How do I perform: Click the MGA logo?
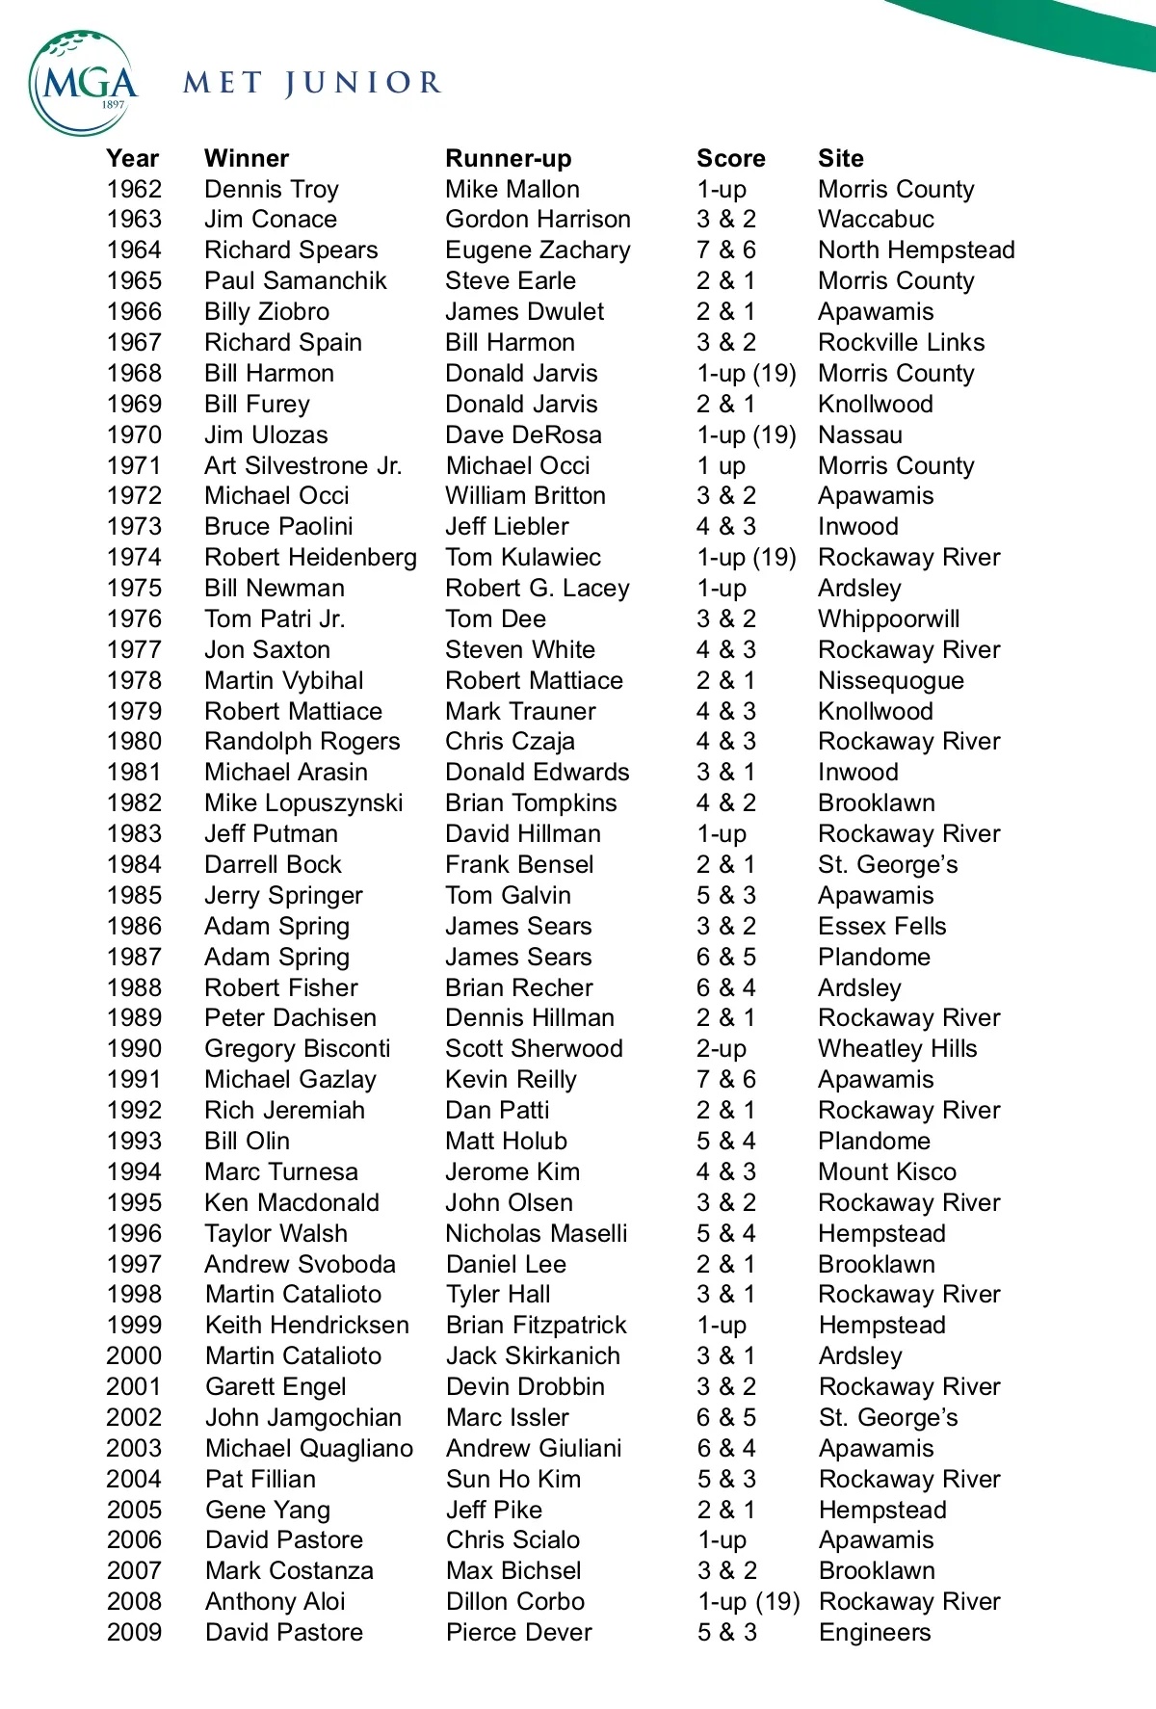click(84, 83)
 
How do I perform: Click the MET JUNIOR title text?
click(312, 84)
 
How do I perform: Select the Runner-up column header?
click(508, 158)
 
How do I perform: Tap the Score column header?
click(730, 158)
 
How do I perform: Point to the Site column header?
click(840, 158)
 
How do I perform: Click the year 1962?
click(134, 189)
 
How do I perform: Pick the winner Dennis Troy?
click(272, 189)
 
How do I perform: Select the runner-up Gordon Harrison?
click(538, 220)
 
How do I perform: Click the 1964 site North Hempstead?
click(916, 250)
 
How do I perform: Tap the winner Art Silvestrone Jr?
click(302, 465)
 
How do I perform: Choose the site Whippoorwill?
click(888, 618)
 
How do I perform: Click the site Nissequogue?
click(890, 680)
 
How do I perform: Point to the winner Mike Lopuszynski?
click(303, 802)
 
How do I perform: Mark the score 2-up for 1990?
click(722, 1048)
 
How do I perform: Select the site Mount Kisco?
click(887, 1171)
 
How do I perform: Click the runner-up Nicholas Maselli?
click(536, 1233)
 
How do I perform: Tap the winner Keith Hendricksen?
click(306, 1325)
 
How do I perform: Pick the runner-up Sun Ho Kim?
click(512, 1479)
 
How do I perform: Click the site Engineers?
click(875, 1632)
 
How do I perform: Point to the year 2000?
click(134, 1355)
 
